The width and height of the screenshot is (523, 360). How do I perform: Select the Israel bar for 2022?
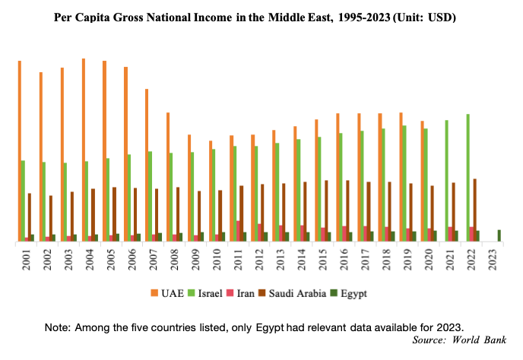pos(468,178)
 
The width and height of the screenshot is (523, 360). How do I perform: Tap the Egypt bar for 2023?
pos(499,235)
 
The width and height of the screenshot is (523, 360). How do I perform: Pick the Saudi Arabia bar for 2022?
pos(475,210)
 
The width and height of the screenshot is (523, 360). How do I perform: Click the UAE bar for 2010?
pos(210,191)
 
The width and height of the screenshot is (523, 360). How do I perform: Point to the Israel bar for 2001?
pos(24,201)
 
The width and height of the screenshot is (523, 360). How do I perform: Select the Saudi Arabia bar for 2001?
pos(30,217)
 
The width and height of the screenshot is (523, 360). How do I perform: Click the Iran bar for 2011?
pos(239,231)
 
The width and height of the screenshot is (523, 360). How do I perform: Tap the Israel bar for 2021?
pos(446,181)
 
